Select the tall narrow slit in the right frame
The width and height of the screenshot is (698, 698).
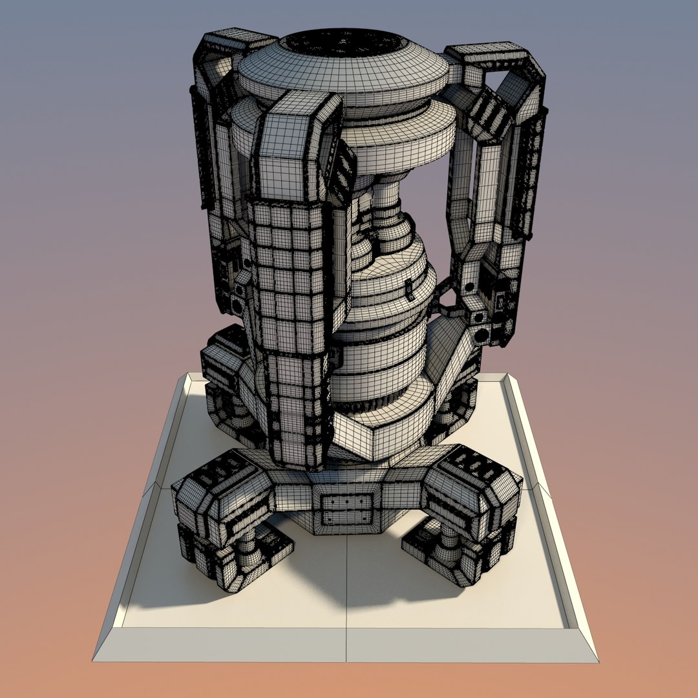pyautogui.click(x=478, y=194)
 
